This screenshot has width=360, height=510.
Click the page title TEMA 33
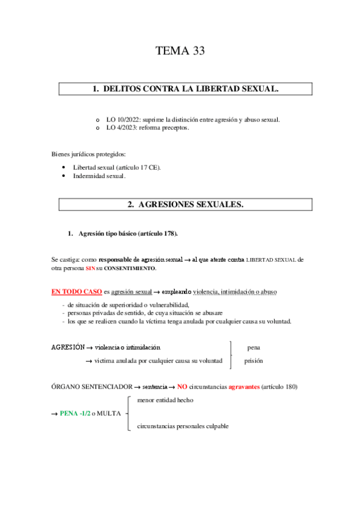[x=180, y=51]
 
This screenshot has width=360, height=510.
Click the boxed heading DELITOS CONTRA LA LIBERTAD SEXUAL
[x=185, y=89]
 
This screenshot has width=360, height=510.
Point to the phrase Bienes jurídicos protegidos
[x=88, y=155]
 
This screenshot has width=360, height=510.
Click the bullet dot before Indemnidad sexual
[x=64, y=176]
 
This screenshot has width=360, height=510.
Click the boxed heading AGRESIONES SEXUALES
[x=185, y=204]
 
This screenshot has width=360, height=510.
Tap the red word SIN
[x=90, y=268]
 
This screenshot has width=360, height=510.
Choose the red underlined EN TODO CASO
[x=76, y=292]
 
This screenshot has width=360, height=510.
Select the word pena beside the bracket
[x=254, y=348]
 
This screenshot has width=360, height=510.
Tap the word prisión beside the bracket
[x=254, y=361]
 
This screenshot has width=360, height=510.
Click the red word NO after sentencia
[x=182, y=386]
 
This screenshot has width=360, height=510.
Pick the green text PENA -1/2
[x=75, y=413]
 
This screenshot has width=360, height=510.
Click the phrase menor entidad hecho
[x=165, y=400]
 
